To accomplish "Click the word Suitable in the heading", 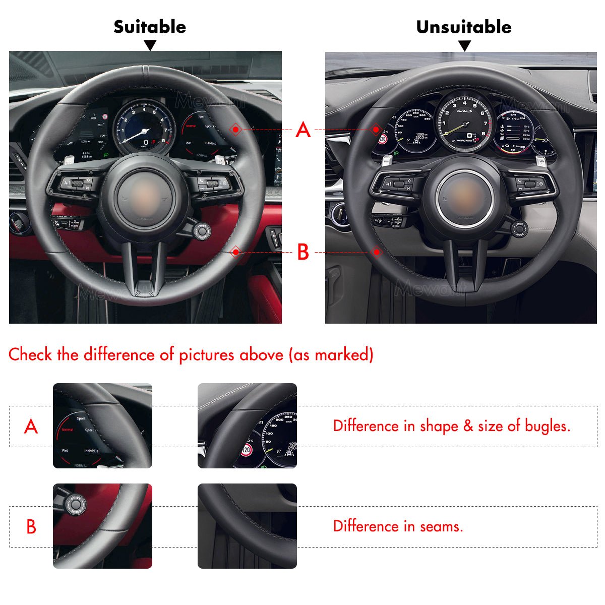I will tap(149, 27).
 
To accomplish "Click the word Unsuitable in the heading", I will tap(463, 27).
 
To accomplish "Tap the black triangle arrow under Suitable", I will tap(150, 46).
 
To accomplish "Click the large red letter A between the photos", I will tap(302, 130).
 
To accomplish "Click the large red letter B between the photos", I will tap(302, 252).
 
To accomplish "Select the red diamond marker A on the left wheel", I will tap(235, 130).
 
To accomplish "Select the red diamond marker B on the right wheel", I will tap(377, 252).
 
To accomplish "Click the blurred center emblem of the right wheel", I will tap(464, 197).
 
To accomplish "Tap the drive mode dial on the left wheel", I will tap(202, 231).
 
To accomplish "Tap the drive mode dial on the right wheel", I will tap(520, 229).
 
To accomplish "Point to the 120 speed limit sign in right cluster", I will tap(383, 139).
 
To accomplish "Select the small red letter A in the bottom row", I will tap(31, 427).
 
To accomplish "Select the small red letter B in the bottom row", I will tap(31, 526).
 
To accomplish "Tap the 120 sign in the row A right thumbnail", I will tap(247, 449).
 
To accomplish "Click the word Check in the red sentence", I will tap(30, 354).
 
